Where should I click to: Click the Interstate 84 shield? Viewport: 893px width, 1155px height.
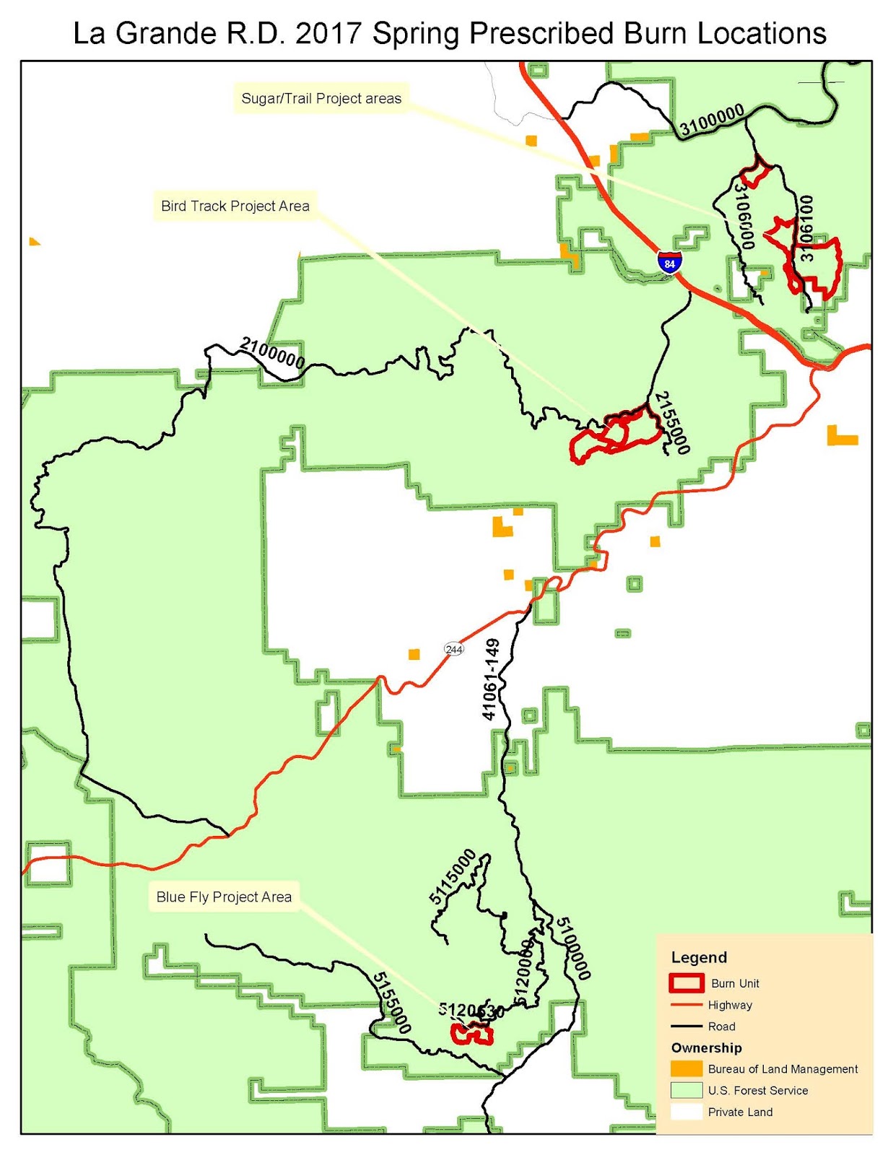[x=670, y=261]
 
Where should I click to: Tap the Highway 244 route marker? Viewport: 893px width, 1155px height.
[x=453, y=649]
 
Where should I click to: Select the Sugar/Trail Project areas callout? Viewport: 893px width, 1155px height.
[x=321, y=99]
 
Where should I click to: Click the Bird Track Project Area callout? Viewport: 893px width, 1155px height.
[x=235, y=206]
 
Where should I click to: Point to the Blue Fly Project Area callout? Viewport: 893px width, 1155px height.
[x=224, y=897]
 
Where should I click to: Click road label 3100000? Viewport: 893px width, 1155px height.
[x=712, y=120]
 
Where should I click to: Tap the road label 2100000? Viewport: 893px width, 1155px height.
[x=272, y=352]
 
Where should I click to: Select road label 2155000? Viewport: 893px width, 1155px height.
[x=671, y=423]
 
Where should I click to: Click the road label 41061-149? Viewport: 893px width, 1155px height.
[x=491, y=679]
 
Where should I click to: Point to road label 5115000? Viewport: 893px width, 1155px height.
[x=453, y=876]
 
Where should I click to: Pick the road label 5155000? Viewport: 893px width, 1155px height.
[x=392, y=1003]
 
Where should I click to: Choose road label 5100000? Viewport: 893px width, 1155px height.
[x=573, y=948]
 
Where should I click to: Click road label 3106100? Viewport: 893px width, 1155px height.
[x=806, y=228]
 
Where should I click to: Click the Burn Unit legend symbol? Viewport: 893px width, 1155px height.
[x=686, y=983]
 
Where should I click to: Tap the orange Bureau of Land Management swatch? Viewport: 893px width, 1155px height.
[x=686, y=1069]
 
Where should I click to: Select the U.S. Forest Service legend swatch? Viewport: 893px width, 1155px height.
[x=686, y=1091]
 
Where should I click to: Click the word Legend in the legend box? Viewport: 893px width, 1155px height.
[x=699, y=957]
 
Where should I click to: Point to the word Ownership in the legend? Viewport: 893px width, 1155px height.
[x=706, y=1048]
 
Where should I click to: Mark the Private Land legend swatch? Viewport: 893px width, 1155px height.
[x=686, y=1112]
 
